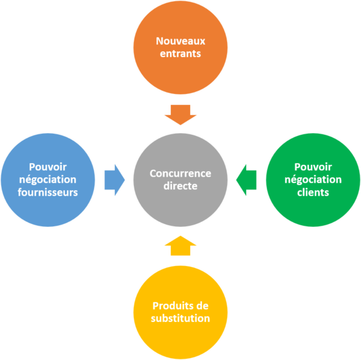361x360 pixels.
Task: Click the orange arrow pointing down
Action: pos(180,114)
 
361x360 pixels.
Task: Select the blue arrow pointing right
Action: pos(114,180)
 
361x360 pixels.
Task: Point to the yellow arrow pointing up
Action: pos(180,245)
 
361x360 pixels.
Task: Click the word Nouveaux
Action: pos(180,42)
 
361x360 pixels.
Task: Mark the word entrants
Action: pos(180,54)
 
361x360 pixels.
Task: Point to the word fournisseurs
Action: pos(48,192)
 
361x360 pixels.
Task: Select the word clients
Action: pos(312,192)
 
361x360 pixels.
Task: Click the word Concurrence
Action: pos(180,174)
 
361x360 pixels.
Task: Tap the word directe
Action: pos(180,186)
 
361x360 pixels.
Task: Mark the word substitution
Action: pos(180,318)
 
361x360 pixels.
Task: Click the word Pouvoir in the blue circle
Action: pos(48,167)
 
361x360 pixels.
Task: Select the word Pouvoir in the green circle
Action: pos(312,167)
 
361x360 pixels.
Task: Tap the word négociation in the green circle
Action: pos(312,180)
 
